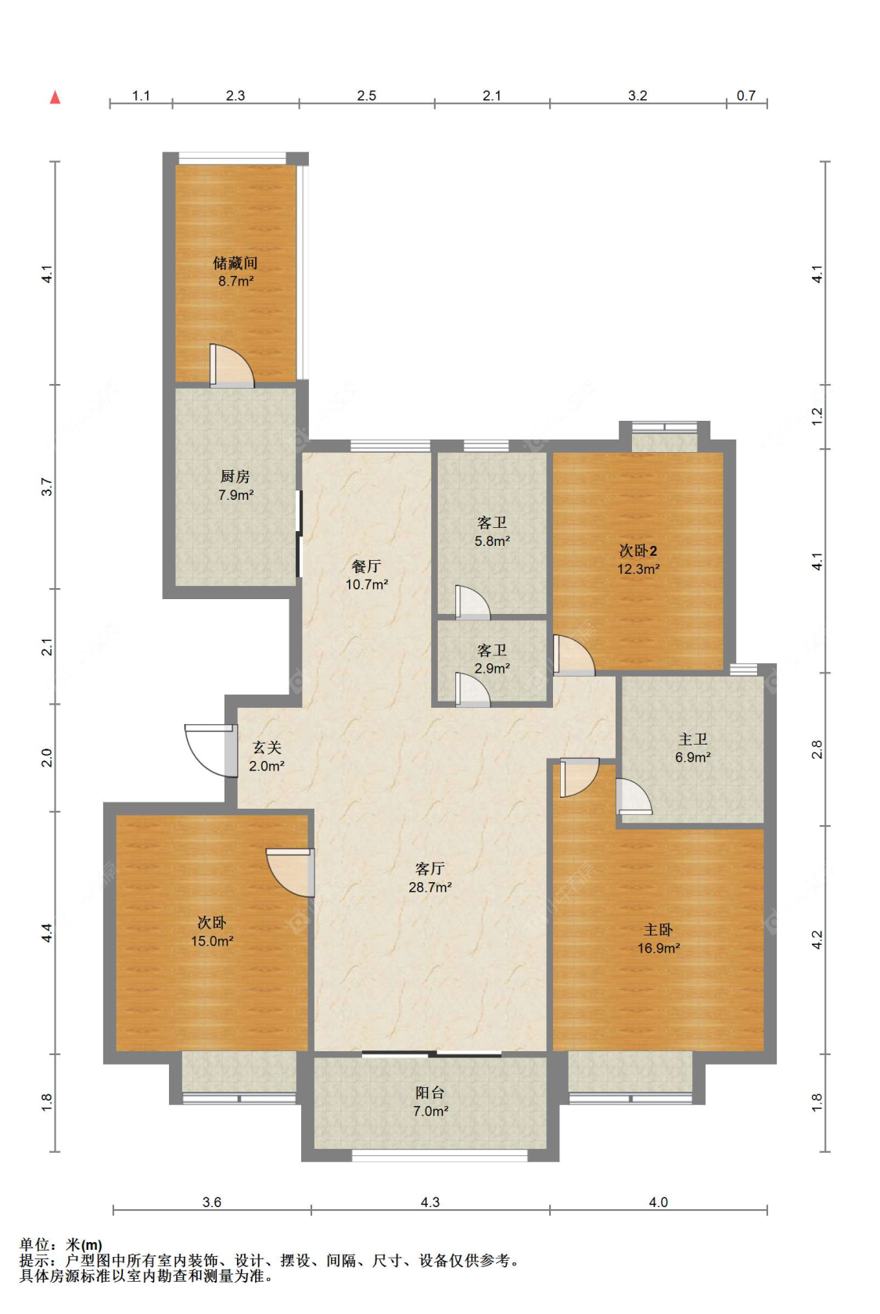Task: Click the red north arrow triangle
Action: click(55, 97)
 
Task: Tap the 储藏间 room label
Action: click(235, 263)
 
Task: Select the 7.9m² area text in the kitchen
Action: click(236, 495)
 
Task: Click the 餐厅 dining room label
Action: click(367, 566)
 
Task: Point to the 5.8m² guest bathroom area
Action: click(492, 541)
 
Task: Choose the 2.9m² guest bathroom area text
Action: click(492, 668)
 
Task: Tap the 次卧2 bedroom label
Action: click(638, 551)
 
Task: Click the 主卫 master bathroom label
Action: click(693, 739)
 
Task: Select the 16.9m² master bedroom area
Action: click(659, 948)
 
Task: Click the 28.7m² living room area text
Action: click(430, 887)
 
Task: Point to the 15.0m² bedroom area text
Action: click(213, 941)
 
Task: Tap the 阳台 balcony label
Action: click(430, 1092)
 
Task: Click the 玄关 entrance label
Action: click(267, 748)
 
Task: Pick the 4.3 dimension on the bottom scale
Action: click(430, 1202)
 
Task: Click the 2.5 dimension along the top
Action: click(367, 95)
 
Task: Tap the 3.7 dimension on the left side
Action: click(47, 486)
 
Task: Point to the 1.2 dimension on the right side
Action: click(817, 416)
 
